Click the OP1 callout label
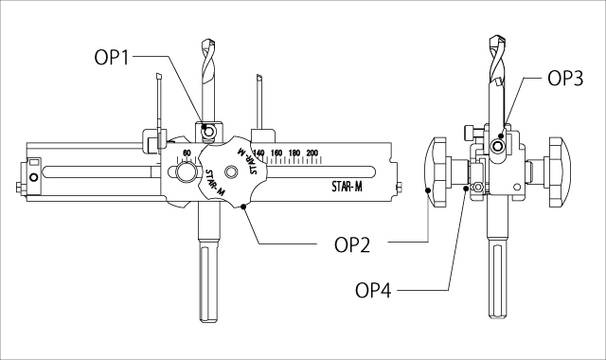[x=112, y=58]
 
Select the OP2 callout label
[x=352, y=245]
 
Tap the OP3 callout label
[x=565, y=79]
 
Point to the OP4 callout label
[x=373, y=291]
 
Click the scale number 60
[x=187, y=153]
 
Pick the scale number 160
[x=276, y=153]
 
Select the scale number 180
[x=294, y=153]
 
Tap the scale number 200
[x=312, y=153]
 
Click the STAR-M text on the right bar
[x=348, y=187]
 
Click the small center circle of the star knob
[x=231, y=171]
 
